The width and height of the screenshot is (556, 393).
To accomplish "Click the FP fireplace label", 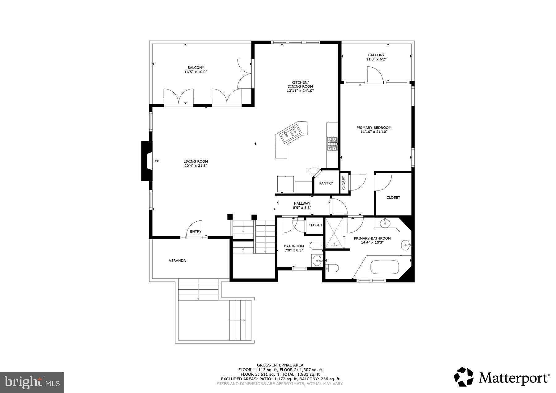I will click(157, 161).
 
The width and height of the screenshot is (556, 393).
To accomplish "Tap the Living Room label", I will click(196, 161).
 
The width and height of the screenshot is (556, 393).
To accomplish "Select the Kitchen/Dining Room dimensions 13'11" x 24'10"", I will click(300, 91).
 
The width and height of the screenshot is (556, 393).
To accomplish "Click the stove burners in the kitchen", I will click(332, 144).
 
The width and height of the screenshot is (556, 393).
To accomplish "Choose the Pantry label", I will click(326, 183).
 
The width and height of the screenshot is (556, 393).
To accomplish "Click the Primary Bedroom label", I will click(374, 128).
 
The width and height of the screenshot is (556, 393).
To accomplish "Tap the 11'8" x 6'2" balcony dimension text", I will click(376, 59).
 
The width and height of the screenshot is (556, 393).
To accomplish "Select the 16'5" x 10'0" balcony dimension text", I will click(196, 72).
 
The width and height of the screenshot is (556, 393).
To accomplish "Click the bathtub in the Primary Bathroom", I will click(385, 267).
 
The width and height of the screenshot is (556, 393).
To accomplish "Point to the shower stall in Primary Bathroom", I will click(335, 233).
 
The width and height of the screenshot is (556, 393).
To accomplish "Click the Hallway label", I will click(302, 203).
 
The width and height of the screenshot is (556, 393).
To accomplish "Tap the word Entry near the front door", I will click(196, 232).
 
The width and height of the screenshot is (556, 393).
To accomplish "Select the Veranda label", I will click(177, 261).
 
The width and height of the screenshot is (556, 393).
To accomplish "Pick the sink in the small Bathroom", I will click(317, 261).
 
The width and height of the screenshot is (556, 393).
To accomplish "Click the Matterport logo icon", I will click(463, 377).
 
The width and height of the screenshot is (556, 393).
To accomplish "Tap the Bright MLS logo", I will click(32, 382).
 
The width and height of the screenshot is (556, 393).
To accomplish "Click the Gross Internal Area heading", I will click(280, 365).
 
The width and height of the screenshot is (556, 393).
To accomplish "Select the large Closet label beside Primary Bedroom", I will click(393, 198).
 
